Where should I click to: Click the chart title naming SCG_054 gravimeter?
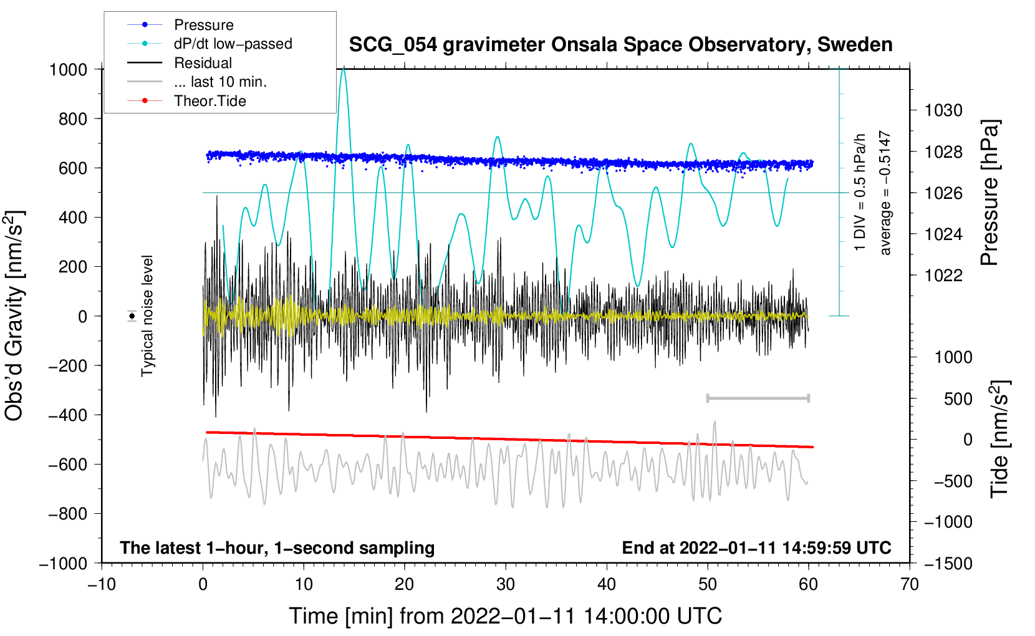[x=620, y=45]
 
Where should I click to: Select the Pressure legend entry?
[x=203, y=25]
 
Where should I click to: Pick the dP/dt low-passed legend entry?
[x=233, y=44]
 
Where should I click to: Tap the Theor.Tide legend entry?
[x=209, y=101]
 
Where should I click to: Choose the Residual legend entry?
[x=203, y=63]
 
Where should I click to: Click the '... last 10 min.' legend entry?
[x=220, y=82]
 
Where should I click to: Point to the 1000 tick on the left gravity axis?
[x=68, y=69]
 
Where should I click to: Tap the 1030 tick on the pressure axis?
[x=943, y=110]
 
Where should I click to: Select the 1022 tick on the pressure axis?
[x=943, y=275]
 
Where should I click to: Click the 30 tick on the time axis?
[x=506, y=584]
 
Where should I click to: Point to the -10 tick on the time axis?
[x=102, y=584]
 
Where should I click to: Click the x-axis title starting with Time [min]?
[x=506, y=616]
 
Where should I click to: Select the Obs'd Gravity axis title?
[x=14, y=316]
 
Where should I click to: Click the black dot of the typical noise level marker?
[x=132, y=316]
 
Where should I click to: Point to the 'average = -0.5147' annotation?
[x=885, y=193]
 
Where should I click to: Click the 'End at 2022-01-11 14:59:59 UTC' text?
[x=756, y=547]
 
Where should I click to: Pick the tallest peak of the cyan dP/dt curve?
[x=343, y=69]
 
